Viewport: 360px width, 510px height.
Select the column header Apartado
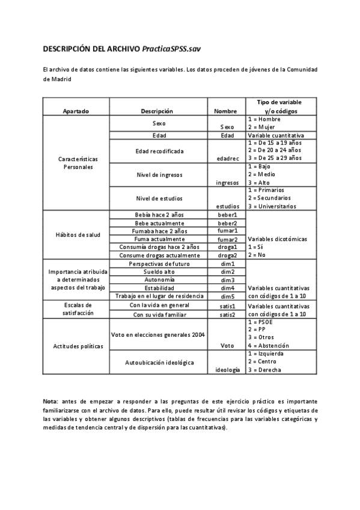tap(76, 111)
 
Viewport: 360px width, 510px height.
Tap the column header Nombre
tap(227, 111)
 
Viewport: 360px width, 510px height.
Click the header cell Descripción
tap(157, 111)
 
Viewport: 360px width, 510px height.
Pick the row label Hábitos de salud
tap(76, 235)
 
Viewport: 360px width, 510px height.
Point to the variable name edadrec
tap(227, 158)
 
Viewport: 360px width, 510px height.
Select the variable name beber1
tap(227, 214)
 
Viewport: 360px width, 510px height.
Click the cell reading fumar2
tap(227, 239)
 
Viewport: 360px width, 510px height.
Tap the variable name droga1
tap(227, 247)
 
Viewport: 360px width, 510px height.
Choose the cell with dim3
tap(227, 280)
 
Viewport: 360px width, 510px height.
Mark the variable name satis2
tap(227, 314)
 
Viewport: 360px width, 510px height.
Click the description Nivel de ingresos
tap(159, 174)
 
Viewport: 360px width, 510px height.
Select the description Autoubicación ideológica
tap(159, 363)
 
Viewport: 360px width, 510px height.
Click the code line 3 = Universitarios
tap(272, 206)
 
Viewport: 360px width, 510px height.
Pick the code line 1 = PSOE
tap(260, 322)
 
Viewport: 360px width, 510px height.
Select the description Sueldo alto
tap(159, 272)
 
